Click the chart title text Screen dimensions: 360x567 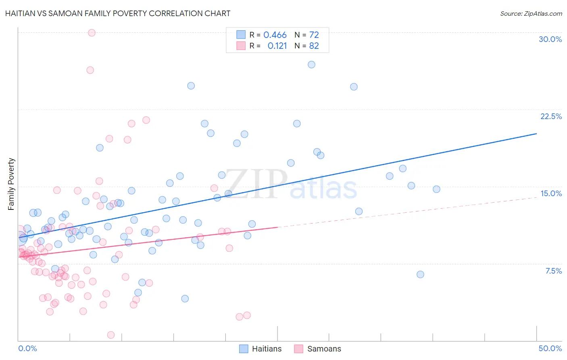pyautogui.click(x=118, y=13)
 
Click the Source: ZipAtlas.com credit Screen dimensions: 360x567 pyautogui.click(x=531, y=13)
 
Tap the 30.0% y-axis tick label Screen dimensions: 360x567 pyautogui.click(x=550, y=39)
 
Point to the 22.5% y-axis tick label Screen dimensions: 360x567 pyautogui.click(x=551, y=116)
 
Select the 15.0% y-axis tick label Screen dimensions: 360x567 pyautogui.click(x=551, y=193)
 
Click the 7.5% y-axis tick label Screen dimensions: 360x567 pyautogui.click(x=553, y=271)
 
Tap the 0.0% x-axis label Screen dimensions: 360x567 pyautogui.click(x=27, y=348)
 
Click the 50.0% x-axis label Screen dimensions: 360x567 pyautogui.click(x=550, y=348)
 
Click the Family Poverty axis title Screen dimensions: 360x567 pyautogui.click(x=11, y=184)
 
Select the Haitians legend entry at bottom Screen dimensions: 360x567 pyautogui.click(x=261, y=349)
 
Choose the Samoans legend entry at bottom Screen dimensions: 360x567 pyautogui.click(x=318, y=349)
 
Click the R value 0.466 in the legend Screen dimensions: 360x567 pyautogui.click(x=275, y=35)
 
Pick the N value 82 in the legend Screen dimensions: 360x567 pyautogui.click(x=314, y=46)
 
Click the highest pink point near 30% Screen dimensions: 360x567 pyautogui.click(x=92, y=33)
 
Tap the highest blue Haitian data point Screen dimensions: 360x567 pyautogui.click(x=311, y=65)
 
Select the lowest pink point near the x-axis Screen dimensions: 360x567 pyautogui.click(x=111, y=335)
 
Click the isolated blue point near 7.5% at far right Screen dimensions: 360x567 pyautogui.click(x=420, y=274)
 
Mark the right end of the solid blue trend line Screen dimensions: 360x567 pyautogui.click(x=536, y=134)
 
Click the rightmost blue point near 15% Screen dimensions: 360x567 pyautogui.click(x=436, y=189)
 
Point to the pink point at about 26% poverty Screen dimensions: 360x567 pyautogui.click(x=90, y=70)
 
